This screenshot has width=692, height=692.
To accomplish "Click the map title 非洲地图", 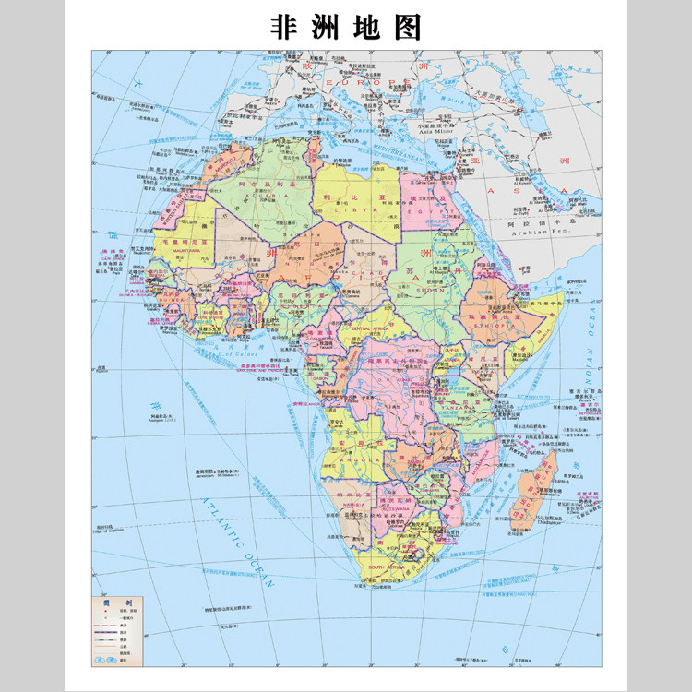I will click(x=346, y=27).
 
